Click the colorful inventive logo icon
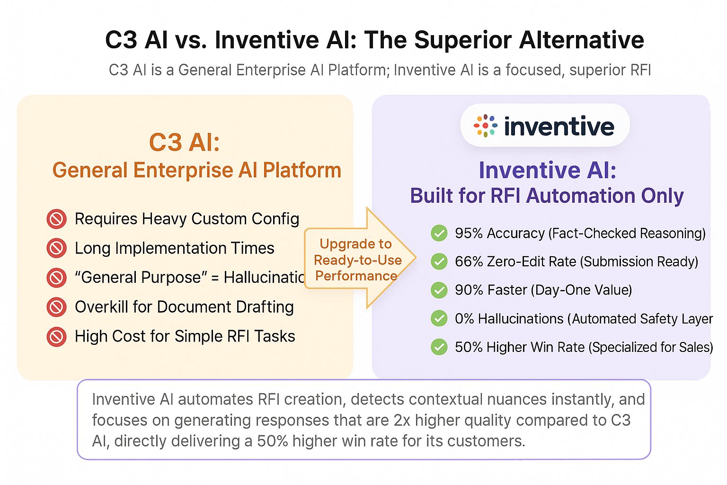(x=485, y=126)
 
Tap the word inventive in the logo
(x=559, y=126)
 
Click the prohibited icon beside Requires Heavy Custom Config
(x=56, y=219)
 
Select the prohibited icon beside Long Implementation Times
(x=56, y=248)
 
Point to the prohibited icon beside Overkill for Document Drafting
(x=56, y=307)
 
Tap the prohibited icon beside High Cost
(x=56, y=337)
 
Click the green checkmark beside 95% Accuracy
(x=439, y=233)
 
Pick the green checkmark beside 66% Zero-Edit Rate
(x=439, y=261)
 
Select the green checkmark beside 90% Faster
(x=439, y=290)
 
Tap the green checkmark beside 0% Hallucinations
(x=439, y=318)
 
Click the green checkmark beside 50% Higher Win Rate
(x=439, y=347)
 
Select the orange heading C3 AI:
(x=185, y=142)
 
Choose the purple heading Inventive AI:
(x=547, y=170)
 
